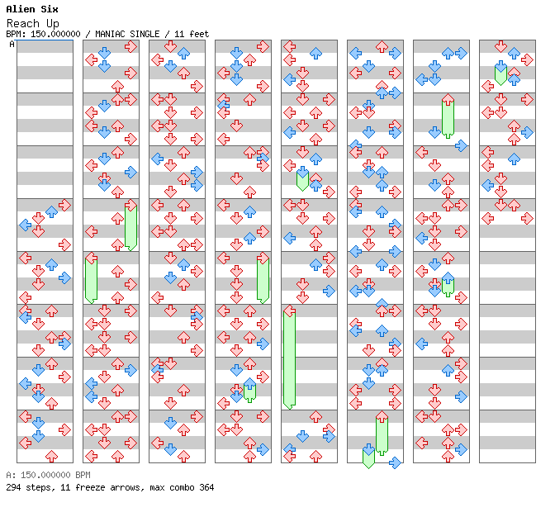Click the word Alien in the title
coord(21,9)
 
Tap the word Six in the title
coord(50,9)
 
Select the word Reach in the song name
coord(23,23)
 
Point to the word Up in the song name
coord(53,24)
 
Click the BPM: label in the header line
coord(16,34)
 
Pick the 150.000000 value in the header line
coord(55,34)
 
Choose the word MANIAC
coord(110,34)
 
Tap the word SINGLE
coord(145,34)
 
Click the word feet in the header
coord(199,34)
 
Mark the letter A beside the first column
coord(12,44)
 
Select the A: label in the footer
coord(11,475)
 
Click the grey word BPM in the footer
coord(83,475)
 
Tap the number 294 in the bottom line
coord(13,487)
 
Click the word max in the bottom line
coord(157,487)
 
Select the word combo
coord(182,487)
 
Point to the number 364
coord(206,487)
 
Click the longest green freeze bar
coord(290,359)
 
